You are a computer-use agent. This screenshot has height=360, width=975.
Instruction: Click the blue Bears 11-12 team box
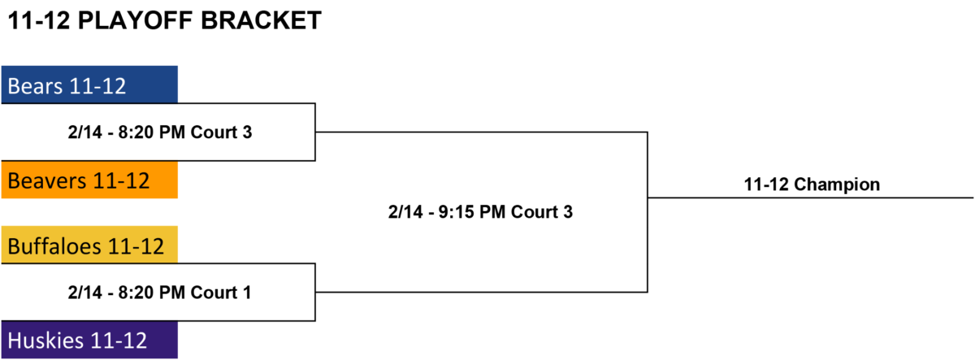89,85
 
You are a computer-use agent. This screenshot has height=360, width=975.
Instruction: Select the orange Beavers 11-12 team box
89,180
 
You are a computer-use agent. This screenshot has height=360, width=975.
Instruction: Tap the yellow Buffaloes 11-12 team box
89,245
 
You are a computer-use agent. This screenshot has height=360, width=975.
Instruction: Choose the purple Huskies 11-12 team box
89,340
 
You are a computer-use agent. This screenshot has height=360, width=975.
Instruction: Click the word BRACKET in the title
261,20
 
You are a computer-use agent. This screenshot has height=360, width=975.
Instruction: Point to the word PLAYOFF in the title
135,20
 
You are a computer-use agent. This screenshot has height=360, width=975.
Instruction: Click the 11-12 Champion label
812,184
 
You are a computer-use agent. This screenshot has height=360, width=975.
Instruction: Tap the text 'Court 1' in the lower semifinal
221,293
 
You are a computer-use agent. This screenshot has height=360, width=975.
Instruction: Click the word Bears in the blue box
35,86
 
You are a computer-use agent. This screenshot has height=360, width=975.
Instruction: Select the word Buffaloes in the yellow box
54,246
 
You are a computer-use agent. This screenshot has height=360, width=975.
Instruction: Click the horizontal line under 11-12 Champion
811,198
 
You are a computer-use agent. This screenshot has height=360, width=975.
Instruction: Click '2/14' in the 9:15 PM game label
405,212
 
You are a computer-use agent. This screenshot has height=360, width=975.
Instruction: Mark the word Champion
837,184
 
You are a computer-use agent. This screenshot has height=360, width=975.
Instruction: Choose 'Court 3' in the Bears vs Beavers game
222,132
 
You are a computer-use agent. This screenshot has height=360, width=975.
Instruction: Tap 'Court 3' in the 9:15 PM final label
542,212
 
